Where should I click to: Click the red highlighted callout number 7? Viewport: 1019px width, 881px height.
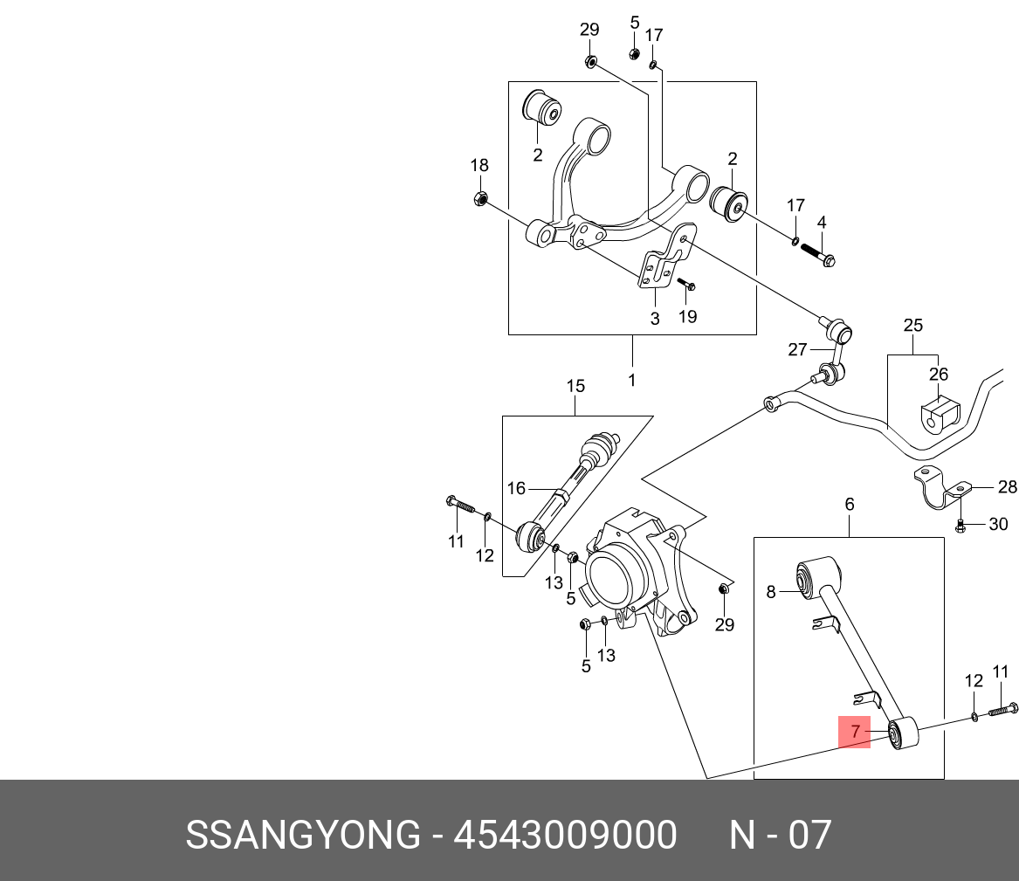pos(856,731)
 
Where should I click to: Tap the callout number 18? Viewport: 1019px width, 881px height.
pos(479,166)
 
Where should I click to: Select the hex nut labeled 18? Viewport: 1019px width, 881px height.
pos(479,198)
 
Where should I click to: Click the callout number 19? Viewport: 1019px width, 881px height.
pos(688,316)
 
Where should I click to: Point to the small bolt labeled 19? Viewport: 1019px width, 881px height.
pos(686,285)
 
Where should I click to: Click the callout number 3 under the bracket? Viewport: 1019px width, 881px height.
pos(655,318)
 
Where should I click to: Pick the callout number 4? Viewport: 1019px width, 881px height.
pos(821,223)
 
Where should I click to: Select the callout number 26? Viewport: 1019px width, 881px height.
pos(938,375)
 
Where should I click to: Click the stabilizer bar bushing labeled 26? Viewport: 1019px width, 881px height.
pos(938,415)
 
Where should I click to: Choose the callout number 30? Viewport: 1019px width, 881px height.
pos(997,524)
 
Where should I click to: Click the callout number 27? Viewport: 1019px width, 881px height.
pos(797,349)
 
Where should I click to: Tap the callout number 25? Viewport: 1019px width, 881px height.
pos(912,326)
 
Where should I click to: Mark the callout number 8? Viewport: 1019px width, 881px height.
pos(771,592)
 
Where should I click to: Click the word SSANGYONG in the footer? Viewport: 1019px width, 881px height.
pos(303,836)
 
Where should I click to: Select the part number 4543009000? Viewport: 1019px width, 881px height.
pos(566,836)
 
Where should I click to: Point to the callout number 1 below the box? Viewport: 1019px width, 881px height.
pos(631,380)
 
